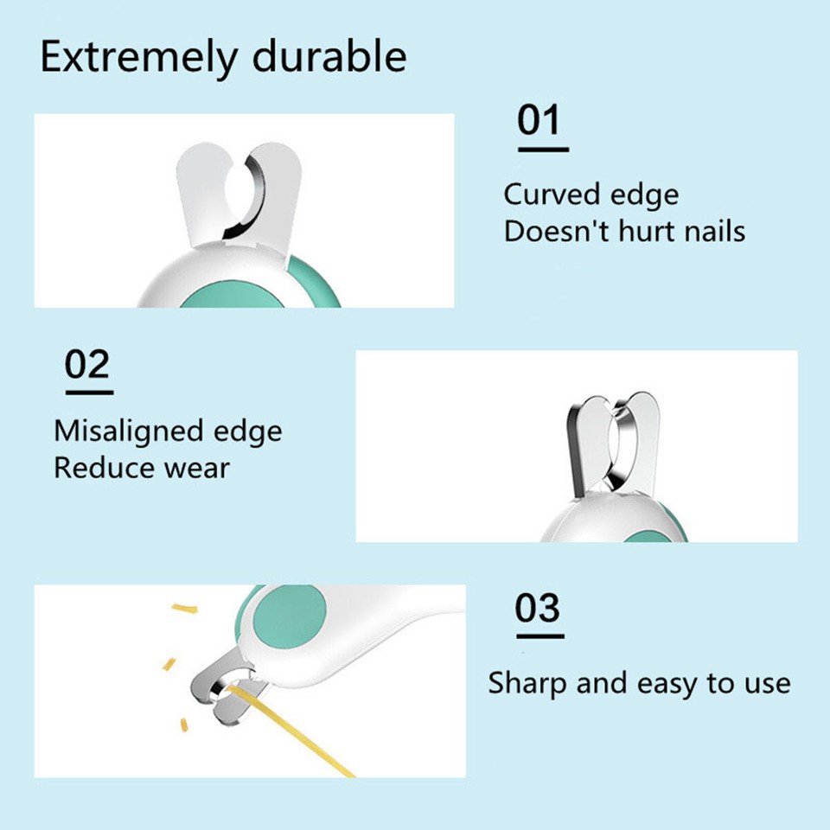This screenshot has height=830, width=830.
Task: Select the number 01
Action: click(539, 121)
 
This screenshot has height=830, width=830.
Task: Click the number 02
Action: click(87, 365)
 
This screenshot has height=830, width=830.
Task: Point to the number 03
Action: click(538, 609)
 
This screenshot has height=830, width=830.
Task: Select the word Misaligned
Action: click(129, 431)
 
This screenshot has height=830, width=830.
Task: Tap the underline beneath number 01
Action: click(543, 150)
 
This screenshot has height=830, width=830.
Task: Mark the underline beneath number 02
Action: click(89, 393)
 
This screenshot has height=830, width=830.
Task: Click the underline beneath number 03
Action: click(539, 636)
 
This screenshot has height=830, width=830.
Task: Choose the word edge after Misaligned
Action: click(248, 431)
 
